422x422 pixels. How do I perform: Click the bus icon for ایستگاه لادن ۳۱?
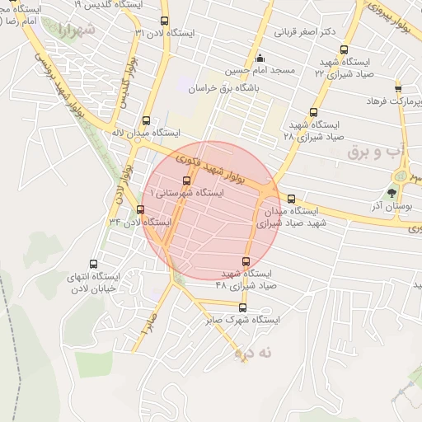click(x=164, y=21)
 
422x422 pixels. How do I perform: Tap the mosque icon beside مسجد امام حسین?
click(x=260, y=58)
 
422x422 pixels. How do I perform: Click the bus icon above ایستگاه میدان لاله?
click(x=147, y=120)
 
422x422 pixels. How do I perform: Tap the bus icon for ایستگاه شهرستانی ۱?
click(x=185, y=181)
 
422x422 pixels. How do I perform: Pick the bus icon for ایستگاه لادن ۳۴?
click(x=140, y=209)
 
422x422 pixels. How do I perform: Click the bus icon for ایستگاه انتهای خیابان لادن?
click(x=92, y=264)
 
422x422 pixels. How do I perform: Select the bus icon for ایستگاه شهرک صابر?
click(x=242, y=307)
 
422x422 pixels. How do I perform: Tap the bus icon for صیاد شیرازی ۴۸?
click(x=246, y=259)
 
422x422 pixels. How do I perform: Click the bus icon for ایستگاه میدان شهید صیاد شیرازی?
click(x=291, y=198)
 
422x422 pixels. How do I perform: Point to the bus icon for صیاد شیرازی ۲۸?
click(x=312, y=112)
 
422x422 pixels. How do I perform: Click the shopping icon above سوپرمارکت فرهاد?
click(x=398, y=87)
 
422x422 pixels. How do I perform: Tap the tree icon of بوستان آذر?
click(x=403, y=192)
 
